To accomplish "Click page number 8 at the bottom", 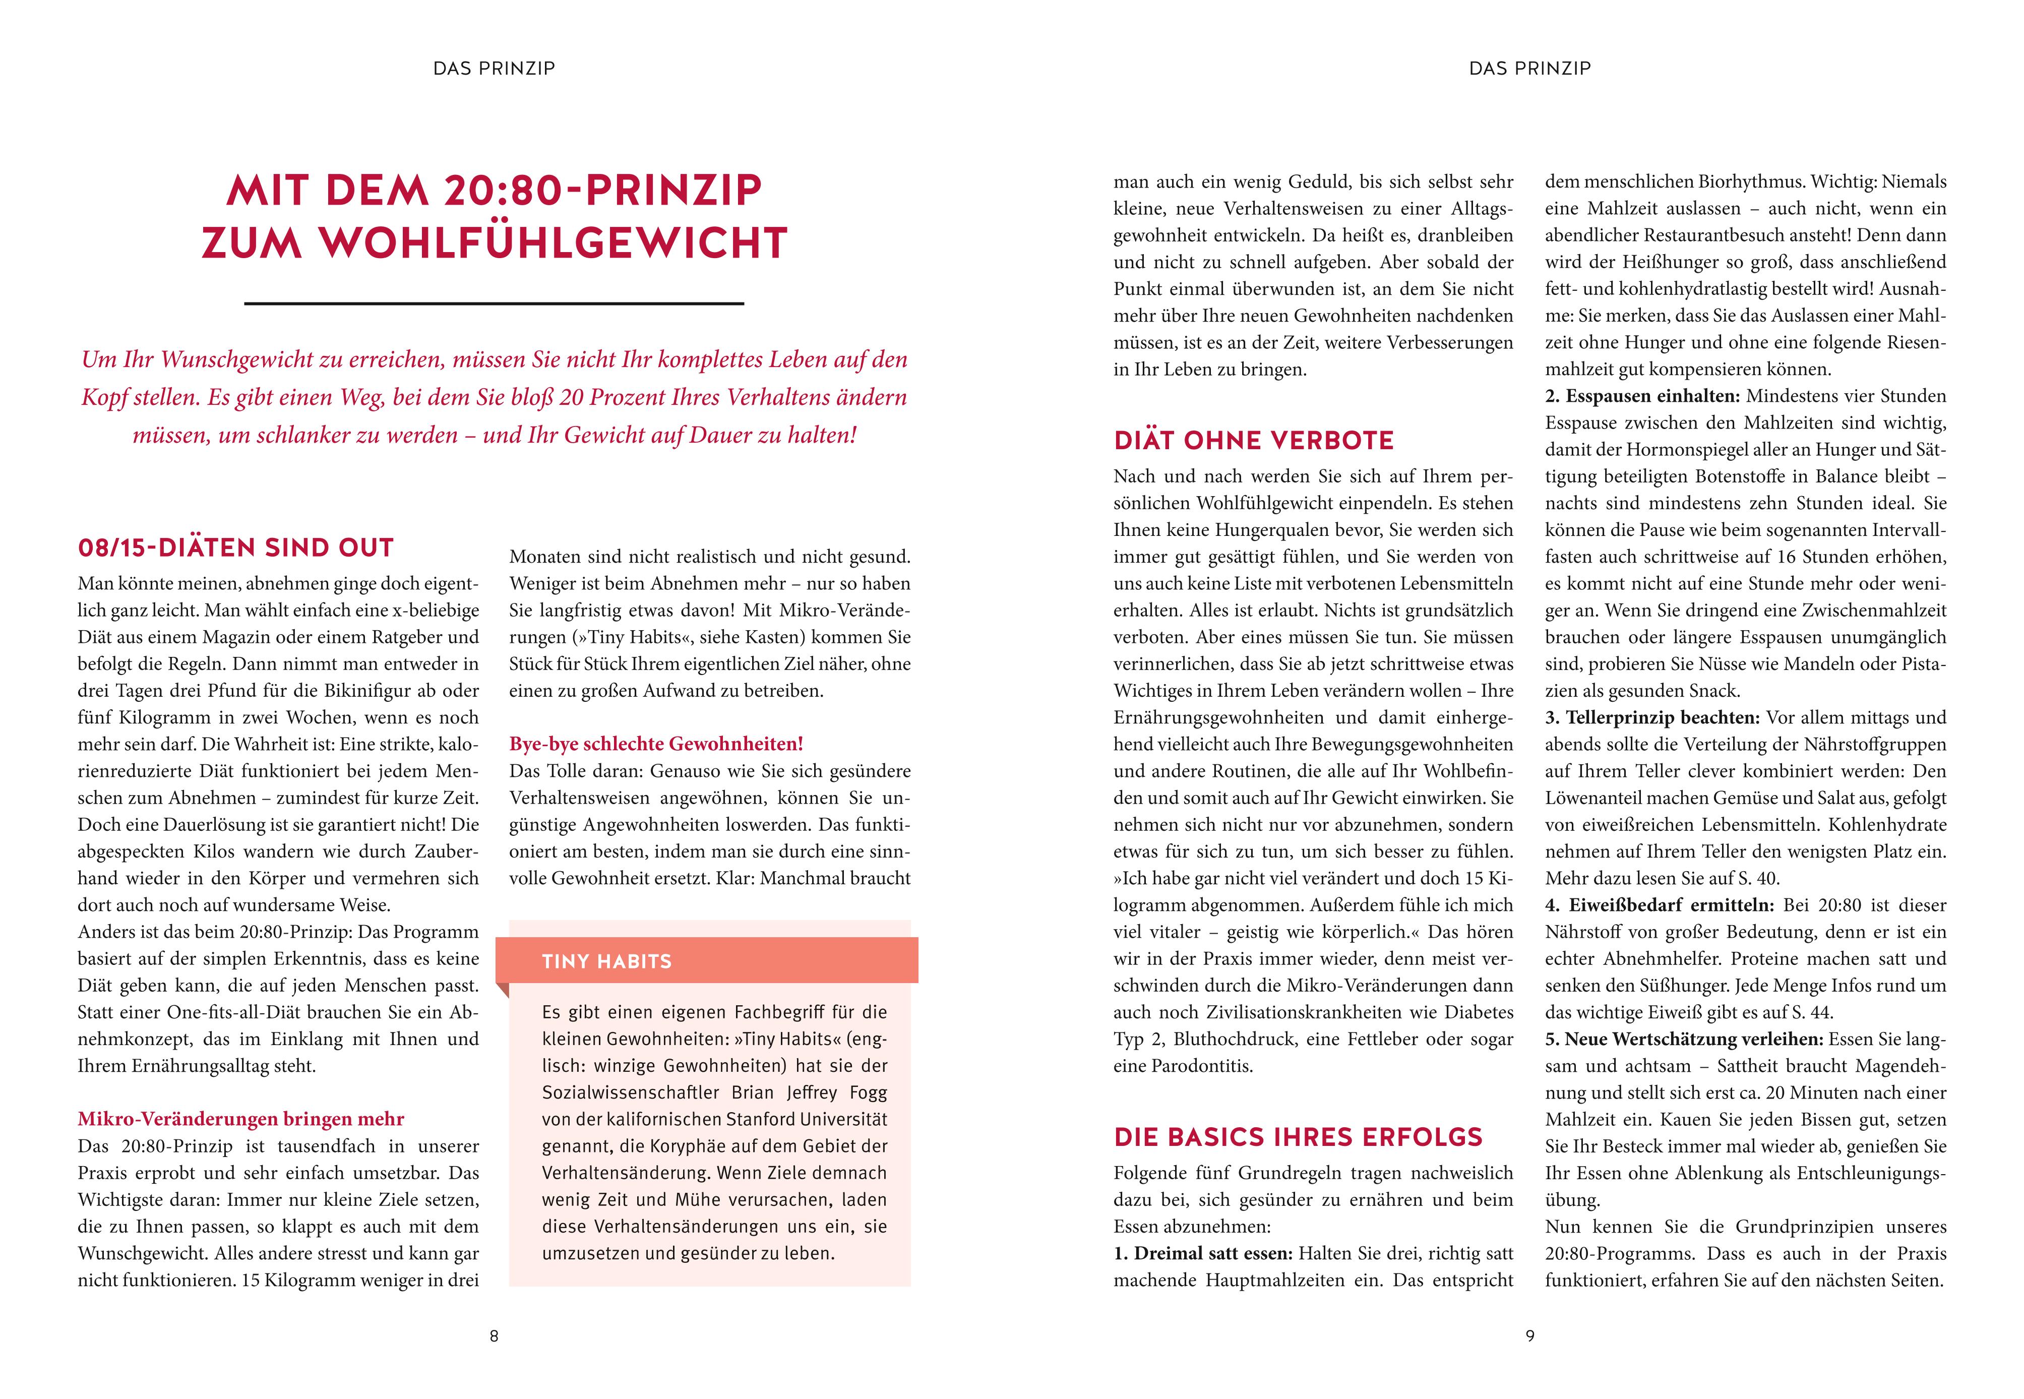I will point(494,1336).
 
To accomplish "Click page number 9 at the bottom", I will point(1529,1336).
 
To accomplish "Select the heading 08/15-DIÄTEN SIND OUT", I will point(236,548).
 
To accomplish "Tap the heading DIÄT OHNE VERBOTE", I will point(1254,440).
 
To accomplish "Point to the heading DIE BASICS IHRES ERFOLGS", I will point(1297,1137).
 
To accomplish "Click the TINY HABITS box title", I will point(606,961).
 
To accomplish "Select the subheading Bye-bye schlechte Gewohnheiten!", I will point(656,744).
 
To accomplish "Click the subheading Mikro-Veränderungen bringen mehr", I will point(241,1119).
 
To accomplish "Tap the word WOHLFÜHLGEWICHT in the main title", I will point(554,243).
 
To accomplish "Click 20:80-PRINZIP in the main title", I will point(603,190).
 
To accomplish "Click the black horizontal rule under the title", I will point(494,303).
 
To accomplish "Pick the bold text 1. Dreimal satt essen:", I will point(1203,1253).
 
